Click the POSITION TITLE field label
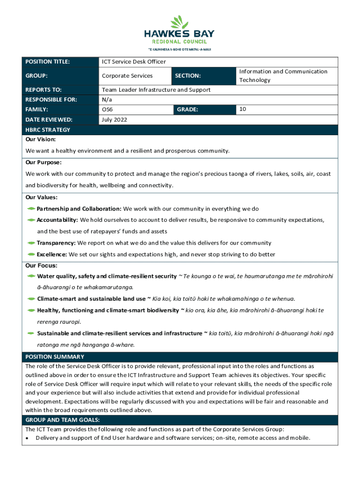[47, 62]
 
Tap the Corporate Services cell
[127, 76]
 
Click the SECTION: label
[188, 76]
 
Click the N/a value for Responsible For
[107, 100]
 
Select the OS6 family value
[107, 109]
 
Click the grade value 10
[242, 109]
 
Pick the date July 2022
[115, 120]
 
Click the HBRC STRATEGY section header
[48, 130]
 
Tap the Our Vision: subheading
[41, 139]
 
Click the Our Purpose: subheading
[43, 162]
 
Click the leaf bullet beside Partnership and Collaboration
[31, 209]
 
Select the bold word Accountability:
[58, 220]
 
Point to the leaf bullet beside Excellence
[31, 254]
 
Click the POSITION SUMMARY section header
[55, 357]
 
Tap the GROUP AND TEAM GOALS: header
[62, 420]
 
